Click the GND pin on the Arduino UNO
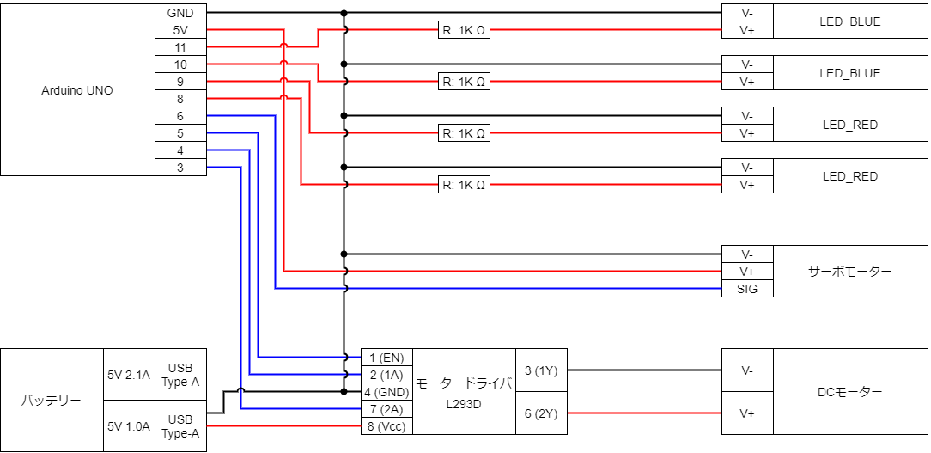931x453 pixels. [180, 13]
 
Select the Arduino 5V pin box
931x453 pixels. [180, 30]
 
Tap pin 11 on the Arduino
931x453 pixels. [180, 47]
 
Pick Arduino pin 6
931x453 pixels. [180, 116]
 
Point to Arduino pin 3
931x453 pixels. [180, 168]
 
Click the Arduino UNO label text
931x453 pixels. [77, 91]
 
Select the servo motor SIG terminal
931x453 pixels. [747, 289]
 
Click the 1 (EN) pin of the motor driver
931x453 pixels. [386, 358]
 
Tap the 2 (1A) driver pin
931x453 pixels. [386, 375]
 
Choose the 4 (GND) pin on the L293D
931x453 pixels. [386, 392]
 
